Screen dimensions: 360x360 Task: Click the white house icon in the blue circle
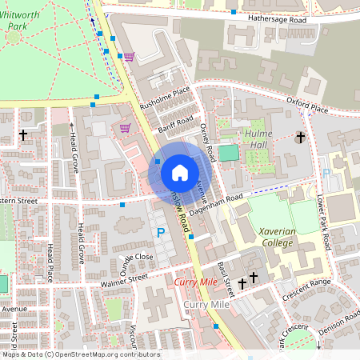[179, 172]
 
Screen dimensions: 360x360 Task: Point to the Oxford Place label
[307, 103]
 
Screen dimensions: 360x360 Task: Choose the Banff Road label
[176, 125]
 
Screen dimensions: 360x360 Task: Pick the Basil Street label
[224, 277]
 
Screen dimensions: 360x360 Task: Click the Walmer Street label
[124, 279]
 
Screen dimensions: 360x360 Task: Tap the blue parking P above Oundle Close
[160, 233]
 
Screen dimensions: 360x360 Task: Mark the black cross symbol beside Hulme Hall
[301, 138]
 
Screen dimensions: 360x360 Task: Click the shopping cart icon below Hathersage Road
[129, 56]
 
